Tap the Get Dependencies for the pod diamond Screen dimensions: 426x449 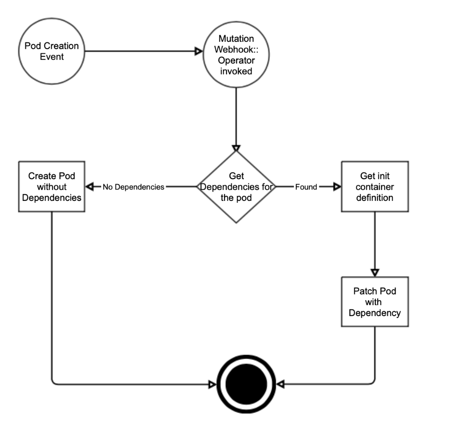pos(236,187)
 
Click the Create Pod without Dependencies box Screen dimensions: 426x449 pos(52,187)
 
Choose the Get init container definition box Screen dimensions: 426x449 pos(375,187)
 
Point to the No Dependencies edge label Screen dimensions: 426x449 pos(133,187)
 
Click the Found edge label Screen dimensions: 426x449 pos(306,187)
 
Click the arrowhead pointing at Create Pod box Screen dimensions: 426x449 pos(90,187)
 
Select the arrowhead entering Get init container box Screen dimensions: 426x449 pos(337,187)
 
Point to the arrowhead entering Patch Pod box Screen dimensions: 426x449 pos(375,272)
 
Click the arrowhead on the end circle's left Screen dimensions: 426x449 pos(211,385)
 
